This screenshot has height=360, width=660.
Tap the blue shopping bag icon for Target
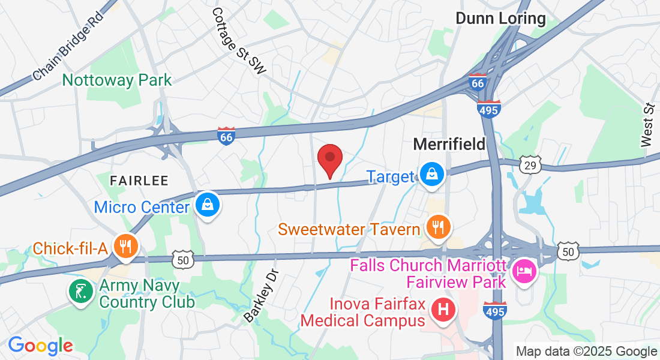click(x=431, y=175)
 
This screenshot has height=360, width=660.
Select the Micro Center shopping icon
click(x=207, y=205)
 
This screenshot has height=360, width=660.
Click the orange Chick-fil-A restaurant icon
click(x=125, y=246)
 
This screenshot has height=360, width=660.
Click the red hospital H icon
click(x=443, y=310)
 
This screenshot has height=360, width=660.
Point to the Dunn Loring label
click(x=500, y=19)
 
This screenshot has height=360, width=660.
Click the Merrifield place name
click(x=449, y=144)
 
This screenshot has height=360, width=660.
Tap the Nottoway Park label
click(x=117, y=80)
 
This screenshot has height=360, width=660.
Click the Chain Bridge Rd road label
click(x=68, y=46)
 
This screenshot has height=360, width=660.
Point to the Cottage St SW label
click(x=238, y=41)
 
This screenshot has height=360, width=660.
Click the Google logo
click(x=40, y=346)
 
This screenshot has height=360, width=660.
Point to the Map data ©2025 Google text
click(x=587, y=352)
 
